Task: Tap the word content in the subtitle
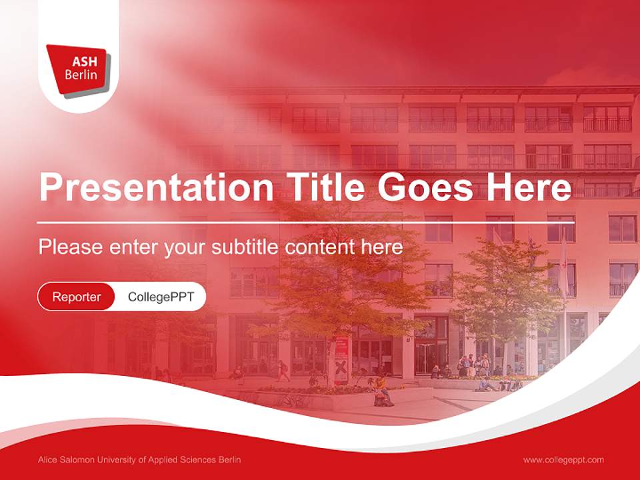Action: pos(321,247)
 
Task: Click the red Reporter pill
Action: pos(77,297)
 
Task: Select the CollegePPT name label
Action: pos(161,297)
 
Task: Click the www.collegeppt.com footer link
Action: pos(563,459)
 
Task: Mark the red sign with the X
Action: pos(341,367)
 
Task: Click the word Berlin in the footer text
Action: pos(229,459)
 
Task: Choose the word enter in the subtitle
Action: pos(134,247)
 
